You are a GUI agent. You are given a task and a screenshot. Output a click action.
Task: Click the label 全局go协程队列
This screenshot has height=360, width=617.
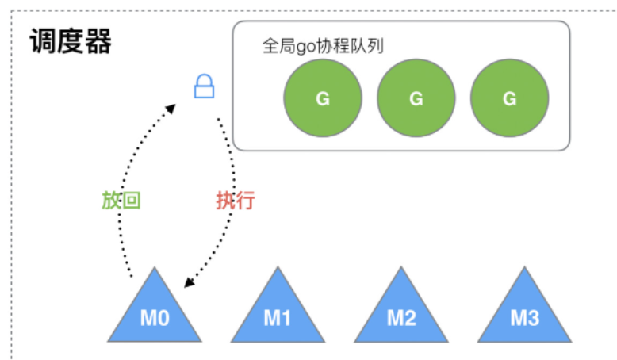click(322, 47)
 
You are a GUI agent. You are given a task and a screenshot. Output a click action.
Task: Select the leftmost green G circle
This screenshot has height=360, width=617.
click(323, 98)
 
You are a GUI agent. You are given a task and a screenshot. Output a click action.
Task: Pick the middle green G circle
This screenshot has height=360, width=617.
click(416, 98)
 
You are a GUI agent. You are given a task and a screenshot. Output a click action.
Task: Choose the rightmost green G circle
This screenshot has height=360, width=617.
click(509, 98)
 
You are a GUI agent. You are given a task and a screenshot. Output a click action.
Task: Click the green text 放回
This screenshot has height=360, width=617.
click(121, 200)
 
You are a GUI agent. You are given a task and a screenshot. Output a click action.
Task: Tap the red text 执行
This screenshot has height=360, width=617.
click(235, 200)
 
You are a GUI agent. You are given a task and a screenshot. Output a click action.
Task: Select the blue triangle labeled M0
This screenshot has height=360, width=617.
click(155, 312)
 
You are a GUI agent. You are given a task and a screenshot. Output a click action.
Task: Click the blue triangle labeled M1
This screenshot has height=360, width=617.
click(278, 312)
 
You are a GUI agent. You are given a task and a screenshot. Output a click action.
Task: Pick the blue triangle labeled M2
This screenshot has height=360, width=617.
click(401, 312)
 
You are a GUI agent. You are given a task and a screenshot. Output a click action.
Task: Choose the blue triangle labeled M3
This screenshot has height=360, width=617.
click(524, 312)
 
